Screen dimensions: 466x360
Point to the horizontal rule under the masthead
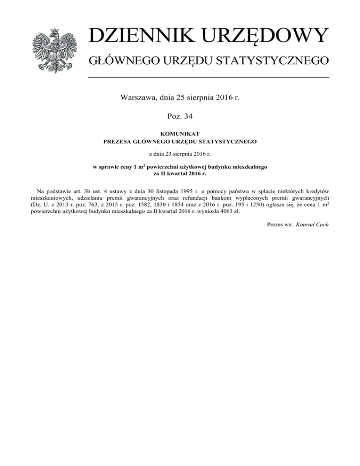click(209, 78)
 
